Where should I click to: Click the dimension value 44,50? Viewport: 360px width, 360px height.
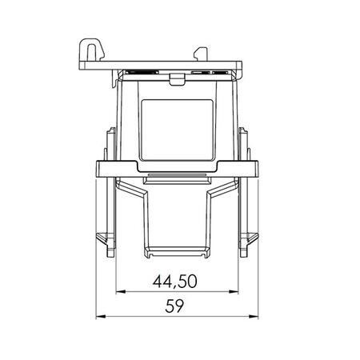175,281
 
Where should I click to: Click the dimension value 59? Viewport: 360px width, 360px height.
174,306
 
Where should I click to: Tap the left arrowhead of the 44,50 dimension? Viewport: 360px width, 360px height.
121,292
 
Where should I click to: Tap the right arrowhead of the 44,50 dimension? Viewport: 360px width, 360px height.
234,292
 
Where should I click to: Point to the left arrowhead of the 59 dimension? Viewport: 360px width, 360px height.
101,317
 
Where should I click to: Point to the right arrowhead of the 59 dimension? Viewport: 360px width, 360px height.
254,317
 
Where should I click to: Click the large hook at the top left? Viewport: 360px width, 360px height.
91,50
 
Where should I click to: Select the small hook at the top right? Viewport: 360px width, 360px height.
201,54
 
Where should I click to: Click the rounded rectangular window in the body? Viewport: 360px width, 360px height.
177,130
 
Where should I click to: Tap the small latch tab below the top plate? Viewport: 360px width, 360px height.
177,79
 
